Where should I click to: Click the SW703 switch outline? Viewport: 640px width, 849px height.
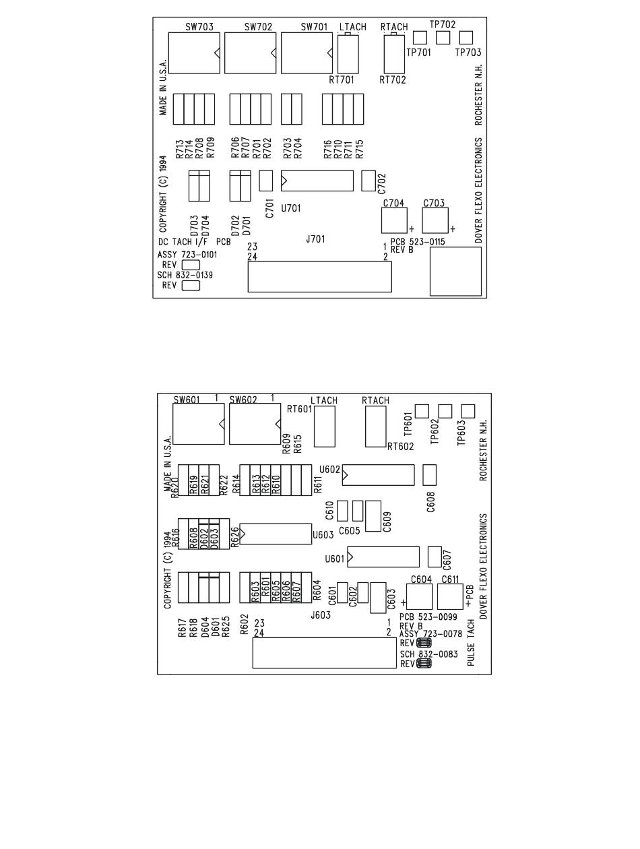[193, 53]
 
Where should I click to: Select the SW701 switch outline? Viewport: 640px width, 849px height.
[307, 53]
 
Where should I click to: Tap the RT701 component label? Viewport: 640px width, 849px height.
[342, 80]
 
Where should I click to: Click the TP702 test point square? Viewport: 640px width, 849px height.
[443, 38]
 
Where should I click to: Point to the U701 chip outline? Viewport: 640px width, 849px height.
[316, 181]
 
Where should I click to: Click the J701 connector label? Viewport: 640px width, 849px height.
[315, 239]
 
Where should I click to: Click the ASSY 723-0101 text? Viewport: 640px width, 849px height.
[187, 255]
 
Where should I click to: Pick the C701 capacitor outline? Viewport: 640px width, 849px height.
[265, 180]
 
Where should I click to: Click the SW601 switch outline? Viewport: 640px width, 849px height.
[198, 425]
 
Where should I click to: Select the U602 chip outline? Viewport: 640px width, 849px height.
[377, 475]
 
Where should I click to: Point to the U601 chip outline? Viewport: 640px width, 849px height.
[383, 557]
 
